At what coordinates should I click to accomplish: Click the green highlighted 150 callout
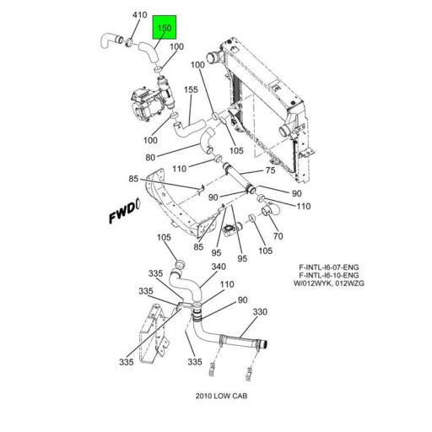click(164, 29)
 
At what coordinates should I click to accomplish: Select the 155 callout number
click(192, 89)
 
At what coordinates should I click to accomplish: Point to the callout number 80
click(150, 157)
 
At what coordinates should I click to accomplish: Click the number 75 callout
click(271, 170)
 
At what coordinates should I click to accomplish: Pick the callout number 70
click(278, 237)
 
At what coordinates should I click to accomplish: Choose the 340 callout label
click(219, 267)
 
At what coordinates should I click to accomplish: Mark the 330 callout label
click(260, 312)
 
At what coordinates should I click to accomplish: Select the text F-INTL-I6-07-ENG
click(328, 267)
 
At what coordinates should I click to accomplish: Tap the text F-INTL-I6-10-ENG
click(328, 276)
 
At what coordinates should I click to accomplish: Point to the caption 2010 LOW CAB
click(221, 396)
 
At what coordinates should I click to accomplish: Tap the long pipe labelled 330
click(240, 341)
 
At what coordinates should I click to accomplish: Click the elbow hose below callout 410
click(107, 37)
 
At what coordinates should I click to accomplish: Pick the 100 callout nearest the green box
click(176, 46)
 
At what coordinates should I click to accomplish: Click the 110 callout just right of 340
click(227, 284)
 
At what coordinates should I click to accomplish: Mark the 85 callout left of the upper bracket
click(133, 179)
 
